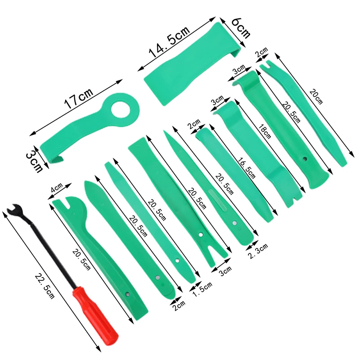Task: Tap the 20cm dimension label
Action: [316, 96]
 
